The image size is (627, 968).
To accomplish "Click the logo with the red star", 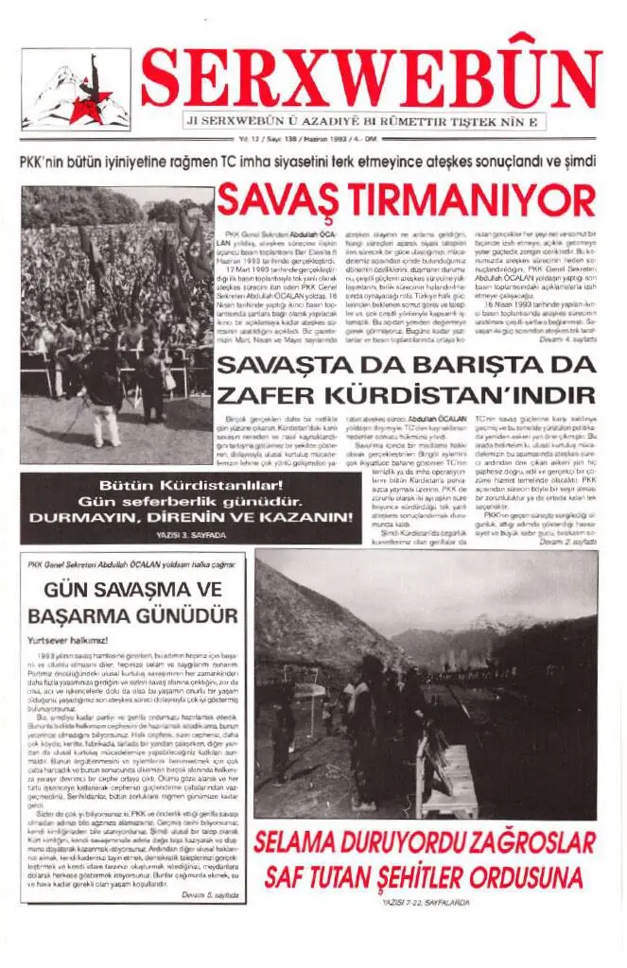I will pos(76,90).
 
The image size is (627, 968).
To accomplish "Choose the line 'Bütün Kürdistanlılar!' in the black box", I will pos(190,485).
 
